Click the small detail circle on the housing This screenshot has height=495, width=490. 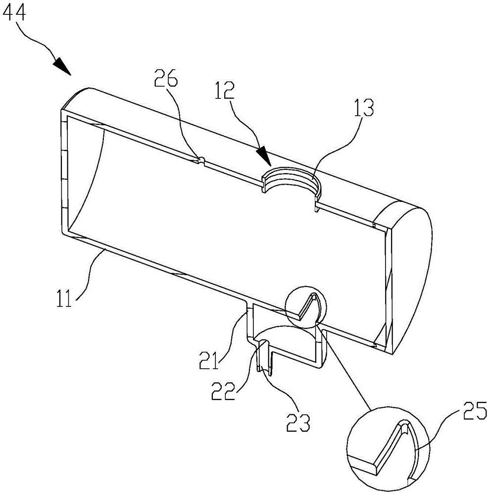tap(306, 306)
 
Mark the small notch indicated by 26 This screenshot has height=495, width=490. tap(201, 159)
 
